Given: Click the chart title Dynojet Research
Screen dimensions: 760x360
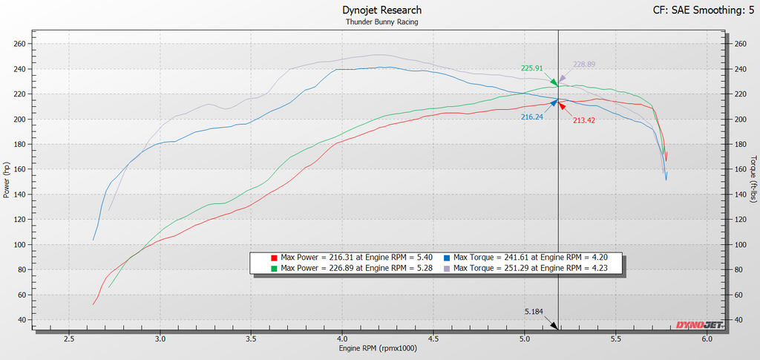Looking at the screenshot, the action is click(382, 10).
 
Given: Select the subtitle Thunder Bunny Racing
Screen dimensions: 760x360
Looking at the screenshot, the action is click(382, 22).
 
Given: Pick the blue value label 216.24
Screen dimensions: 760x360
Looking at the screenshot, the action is click(531, 117).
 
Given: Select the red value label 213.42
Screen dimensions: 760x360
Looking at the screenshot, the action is click(584, 121).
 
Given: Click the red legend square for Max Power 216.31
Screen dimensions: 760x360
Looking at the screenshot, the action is click(274, 258).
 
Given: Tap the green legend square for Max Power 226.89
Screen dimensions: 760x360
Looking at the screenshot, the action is click(274, 267).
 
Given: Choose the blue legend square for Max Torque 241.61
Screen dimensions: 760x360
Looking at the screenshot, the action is click(447, 258).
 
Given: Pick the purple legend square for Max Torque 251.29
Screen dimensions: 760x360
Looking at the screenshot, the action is click(447, 267).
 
